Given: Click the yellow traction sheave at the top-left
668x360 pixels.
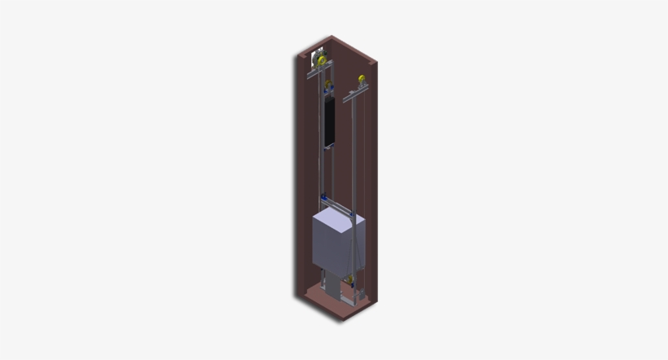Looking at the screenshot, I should point(322,61).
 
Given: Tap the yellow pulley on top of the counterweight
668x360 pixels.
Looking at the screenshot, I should point(329,84).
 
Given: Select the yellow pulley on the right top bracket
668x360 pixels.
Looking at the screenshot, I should point(361,80).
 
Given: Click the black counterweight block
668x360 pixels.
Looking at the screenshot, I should point(329,121).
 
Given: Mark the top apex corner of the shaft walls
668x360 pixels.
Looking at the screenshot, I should point(332,37).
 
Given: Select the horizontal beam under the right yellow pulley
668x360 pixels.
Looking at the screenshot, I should point(357,94).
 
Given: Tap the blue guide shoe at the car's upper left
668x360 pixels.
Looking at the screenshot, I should point(324,200).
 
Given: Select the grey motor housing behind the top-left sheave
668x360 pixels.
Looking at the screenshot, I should point(314,59).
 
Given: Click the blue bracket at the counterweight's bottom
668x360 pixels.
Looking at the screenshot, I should point(329,147).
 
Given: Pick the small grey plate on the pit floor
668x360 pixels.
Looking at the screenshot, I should point(351,301).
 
